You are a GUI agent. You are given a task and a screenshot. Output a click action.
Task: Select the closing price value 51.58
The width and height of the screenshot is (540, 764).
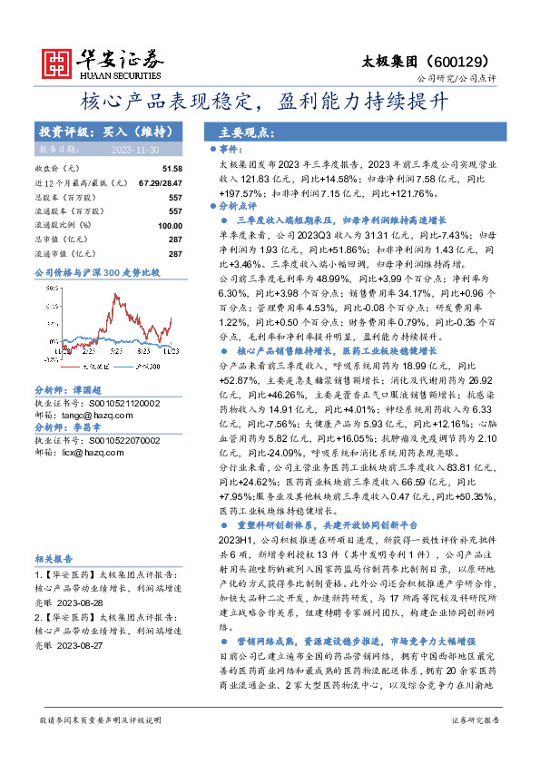point(172,169)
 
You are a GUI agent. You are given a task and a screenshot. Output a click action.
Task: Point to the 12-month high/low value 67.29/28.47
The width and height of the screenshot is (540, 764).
point(161,182)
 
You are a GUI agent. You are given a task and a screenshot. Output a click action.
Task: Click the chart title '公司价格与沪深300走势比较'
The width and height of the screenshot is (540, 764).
point(96,272)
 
